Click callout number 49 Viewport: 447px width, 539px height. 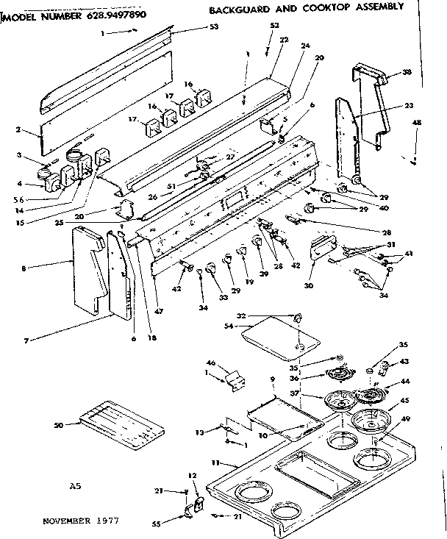point(404,421)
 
